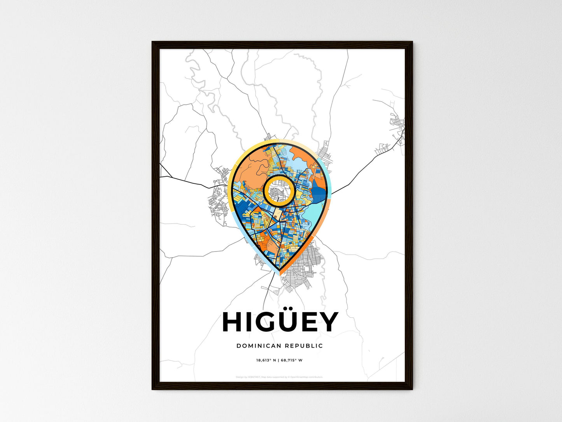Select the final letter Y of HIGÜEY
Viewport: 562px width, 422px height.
327,322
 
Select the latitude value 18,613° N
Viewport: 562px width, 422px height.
266,360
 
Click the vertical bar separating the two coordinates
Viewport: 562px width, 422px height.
279,360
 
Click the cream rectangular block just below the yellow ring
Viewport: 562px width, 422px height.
278,213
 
